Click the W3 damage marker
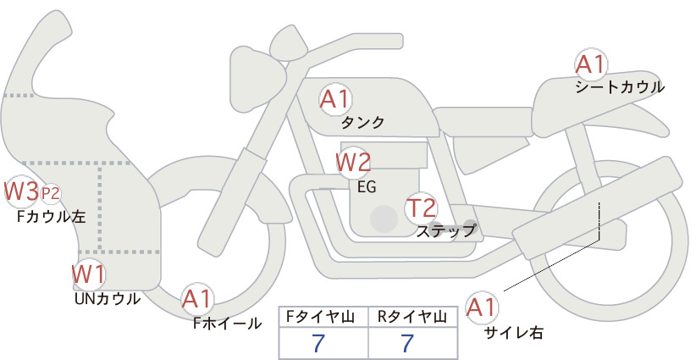click(x=20, y=191)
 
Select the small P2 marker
click(x=50, y=193)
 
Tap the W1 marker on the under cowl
click(x=89, y=274)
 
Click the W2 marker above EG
click(x=353, y=163)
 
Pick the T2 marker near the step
click(x=421, y=208)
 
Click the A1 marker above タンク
click(x=335, y=99)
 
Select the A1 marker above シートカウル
click(x=591, y=64)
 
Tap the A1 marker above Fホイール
click(x=197, y=299)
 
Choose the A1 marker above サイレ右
click(x=482, y=307)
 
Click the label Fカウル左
click(x=51, y=217)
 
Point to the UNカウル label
click(x=108, y=299)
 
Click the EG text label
click(x=367, y=187)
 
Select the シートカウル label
click(x=620, y=87)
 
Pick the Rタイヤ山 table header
click(x=412, y=317)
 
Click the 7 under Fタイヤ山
click(x=318, y=343)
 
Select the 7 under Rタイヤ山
click(x=407, y=343)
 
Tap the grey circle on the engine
click(x=384, y=219)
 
